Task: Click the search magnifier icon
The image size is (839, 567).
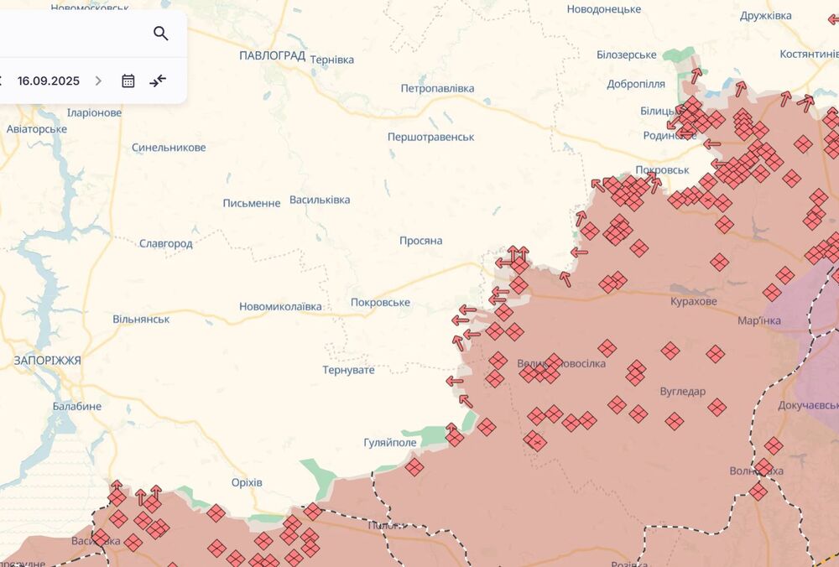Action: click(x=161, y=34)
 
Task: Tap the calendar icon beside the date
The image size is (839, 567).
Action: click(x=128, y=81)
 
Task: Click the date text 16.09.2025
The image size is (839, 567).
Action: click(x=49, y=81)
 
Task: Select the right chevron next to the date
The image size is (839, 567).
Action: click(x=98, y=81)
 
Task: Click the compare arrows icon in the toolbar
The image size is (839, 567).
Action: click(x=158, y=81)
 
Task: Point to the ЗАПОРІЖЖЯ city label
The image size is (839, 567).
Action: click(x=47, y=360)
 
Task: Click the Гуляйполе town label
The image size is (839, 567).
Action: click(x=390, y=442)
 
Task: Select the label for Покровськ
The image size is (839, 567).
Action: click(x=662, y=169)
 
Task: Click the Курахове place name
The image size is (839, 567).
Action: click(x=694, y=301)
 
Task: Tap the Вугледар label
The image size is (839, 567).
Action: click(x=683, y=391)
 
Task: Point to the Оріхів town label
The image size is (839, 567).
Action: click(x=247, y=482)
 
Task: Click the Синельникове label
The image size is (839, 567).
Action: click(x=169, y=148)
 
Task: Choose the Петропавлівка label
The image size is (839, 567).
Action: click(x=437, y=88)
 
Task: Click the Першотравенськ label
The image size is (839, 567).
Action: click(x=430, y=137)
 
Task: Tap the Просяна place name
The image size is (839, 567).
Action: click(x=420, y=241)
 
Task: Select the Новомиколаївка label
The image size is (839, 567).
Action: click(x=280, y=307)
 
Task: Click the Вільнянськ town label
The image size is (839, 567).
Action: click(x=141, y=320)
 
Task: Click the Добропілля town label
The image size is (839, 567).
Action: click(x=636, y=85)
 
